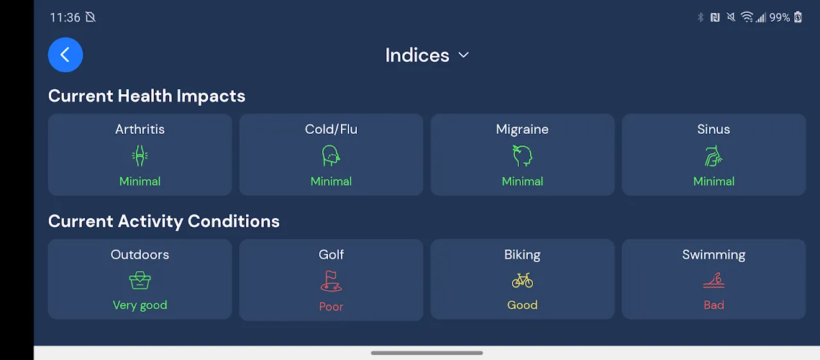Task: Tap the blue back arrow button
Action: pyautogui.click(x=65, y=55)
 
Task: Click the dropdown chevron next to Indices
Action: pyautogui.click(x=463, y=55)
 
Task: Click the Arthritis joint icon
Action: pyautogui.click(x=140, y=156)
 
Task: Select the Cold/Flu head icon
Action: pyautogui.click(x=331, y=156)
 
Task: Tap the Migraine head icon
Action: pyautogui.click(x=522, y=156)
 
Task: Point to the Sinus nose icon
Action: pyautogui.click(x=714, y=156)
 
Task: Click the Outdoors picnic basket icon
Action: pyautogui.click(x=140, y=281)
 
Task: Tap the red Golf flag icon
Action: pyautogui.click(x=331, y=281)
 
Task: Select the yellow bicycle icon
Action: pyautogui.click(x=522, y=281)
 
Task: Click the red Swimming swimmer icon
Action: pyautogui.click(x=714, y=281)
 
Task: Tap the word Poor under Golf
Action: pyautogui.click(x=331, y=307)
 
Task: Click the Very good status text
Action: pyautogui.click(x=140, y=306)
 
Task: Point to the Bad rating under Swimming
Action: pyautogui.click(x=714, y=305)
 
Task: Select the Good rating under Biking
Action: pyautogui.click(x=522, y=305)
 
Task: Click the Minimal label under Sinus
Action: pyautogui.click(x=714, y=181)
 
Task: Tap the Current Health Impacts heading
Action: pyautogui.click(x=147, y=96)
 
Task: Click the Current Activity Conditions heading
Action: pyautogui.click(x=164, y=222)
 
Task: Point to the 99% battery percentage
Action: pyautogui.click(x=780, y=17)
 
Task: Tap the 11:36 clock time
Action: pyautogui.click(x=65, y=17)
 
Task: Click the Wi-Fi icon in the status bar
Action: pyautogui.click(x=746, y=17)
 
